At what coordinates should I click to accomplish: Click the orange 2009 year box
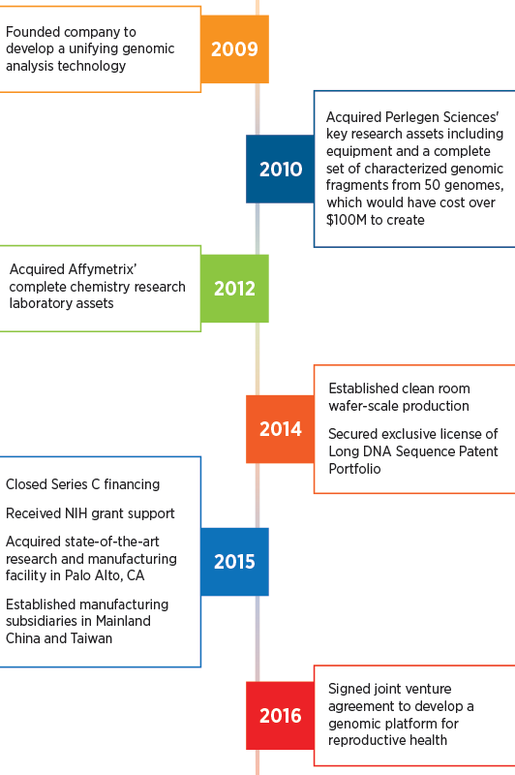pyautogui.click(x=234, y=49)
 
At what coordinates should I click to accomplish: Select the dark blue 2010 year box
pyautogui.click(x=280, y=169)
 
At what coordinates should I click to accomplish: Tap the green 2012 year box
pyautogui.click(x=234, y=289)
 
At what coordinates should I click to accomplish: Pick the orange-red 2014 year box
pyautogui.click(x=280, y=429)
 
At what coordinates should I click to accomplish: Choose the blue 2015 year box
pyautogui.click(x=234, y=562)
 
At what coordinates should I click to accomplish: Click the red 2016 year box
pyautogui.click(x=280, y=716)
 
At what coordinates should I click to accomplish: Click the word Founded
pyautogui.click(x=31, y=32)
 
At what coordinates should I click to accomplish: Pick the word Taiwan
pyautogui.click(x=91, y=638)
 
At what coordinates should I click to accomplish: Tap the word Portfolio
pyautogui.click(x=354, y=469)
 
